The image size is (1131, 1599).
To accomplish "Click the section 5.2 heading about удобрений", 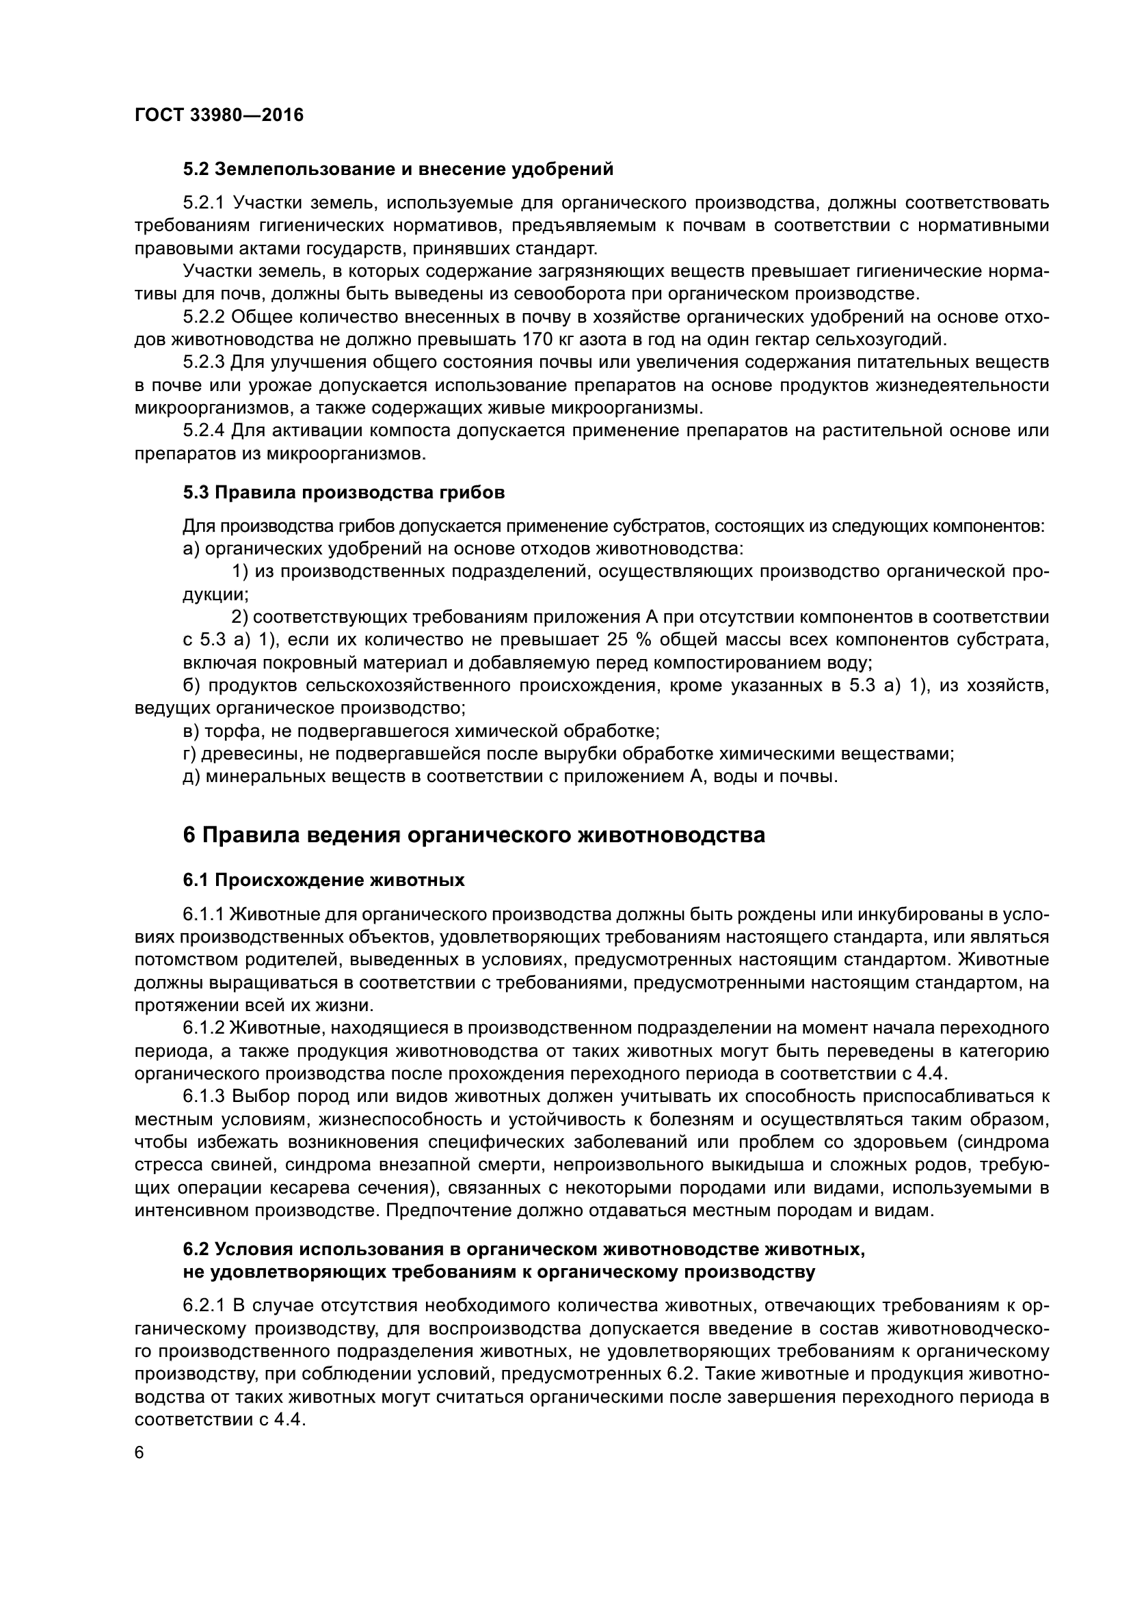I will [398, 170].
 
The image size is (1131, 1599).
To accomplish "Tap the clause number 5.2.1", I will [202, 203].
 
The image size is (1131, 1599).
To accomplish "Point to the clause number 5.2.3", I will [203, 363].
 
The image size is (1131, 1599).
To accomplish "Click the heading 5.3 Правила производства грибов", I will [343, 492].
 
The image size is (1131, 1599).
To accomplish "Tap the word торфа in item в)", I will [226, 731].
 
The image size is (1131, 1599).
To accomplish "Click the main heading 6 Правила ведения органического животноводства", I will [474, 835].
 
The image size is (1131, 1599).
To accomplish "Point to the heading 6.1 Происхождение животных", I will [324, 881].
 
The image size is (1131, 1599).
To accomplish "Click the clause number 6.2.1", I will [202, 1305].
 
